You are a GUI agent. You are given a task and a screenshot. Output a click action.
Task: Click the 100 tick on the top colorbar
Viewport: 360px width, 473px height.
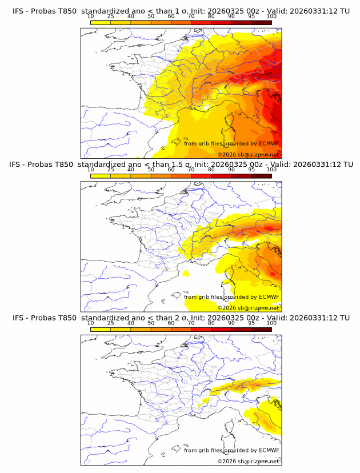click(271, 16)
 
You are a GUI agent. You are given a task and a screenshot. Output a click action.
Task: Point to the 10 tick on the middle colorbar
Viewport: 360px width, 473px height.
click(90, 169)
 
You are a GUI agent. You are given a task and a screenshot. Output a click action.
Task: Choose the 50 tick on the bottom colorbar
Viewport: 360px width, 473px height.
click(151, 322)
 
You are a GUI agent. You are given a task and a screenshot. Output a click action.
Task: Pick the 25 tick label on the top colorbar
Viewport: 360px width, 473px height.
click(110, 16)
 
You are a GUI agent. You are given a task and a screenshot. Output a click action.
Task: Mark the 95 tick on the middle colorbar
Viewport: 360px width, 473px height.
click(251, 169)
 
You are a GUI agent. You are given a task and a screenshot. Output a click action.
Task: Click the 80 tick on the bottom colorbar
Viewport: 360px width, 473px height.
click(211, 322)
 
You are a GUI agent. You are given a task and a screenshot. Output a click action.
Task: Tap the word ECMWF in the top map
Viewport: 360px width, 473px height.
click(269, 144)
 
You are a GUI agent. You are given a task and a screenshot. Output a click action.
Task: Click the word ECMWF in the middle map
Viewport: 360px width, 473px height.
click(269, 297)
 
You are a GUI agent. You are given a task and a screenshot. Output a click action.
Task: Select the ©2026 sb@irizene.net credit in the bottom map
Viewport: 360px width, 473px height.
click(248, 461)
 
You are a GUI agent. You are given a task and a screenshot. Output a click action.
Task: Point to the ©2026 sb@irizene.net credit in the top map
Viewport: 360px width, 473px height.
click(248, 155)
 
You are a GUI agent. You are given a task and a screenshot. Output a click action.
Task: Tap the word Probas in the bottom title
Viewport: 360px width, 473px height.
click(44, 318)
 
